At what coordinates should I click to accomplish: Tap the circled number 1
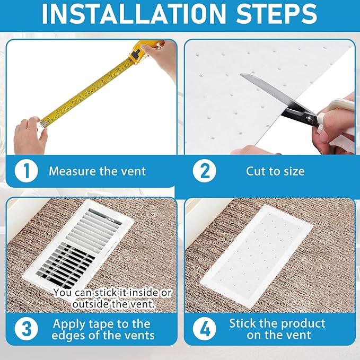(x=25, y=171)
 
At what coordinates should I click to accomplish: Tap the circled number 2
(x=204, y=171)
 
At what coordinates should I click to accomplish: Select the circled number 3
(x=25, y=329)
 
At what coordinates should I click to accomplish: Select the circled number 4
(x=204, y=329)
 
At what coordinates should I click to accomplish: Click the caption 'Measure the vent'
(x=97, y=171)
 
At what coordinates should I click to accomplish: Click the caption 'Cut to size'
(x=275, y=171)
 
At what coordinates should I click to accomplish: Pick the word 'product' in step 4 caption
(x=301, y=322)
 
